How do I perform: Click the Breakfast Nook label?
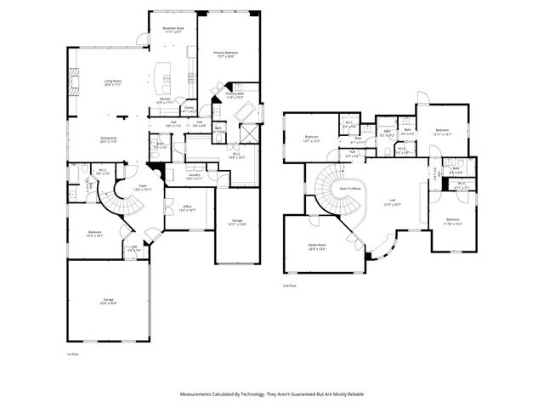(x=173, y=31)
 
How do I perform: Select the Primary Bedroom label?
(x=226, y=54)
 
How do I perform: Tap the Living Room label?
(x=114, y=82)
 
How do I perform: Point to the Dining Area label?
(x=109, y=139)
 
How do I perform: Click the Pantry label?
(x=190, y=109)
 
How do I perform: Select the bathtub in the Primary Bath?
(x=248, y=113)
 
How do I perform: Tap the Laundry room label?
(x=195, y=177)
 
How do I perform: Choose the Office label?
(x=188, y=207)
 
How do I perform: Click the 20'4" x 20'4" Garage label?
(x=108, y=301)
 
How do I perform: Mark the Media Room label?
(x=316, y=246)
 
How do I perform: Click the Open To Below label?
(x=350, y=188)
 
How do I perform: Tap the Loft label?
(x=391, y=202)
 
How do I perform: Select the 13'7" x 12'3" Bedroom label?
(x=313, y=139)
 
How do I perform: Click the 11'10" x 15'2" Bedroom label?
(x=451, y=223)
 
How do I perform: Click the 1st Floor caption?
(x=72, y=354)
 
